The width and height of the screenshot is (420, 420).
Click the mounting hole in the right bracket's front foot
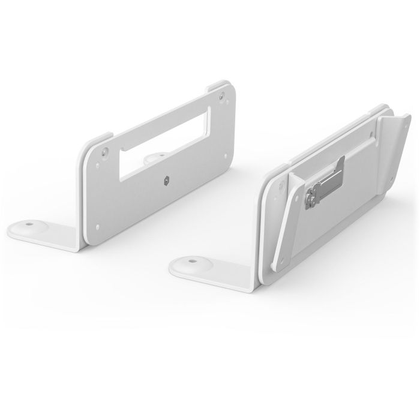pos(190,262)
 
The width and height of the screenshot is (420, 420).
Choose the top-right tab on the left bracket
pos(221,90)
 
